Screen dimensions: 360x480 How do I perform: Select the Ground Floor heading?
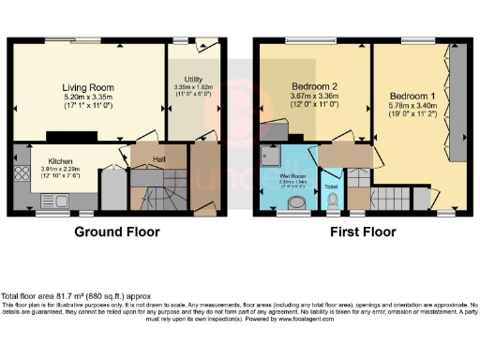[118, 232]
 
